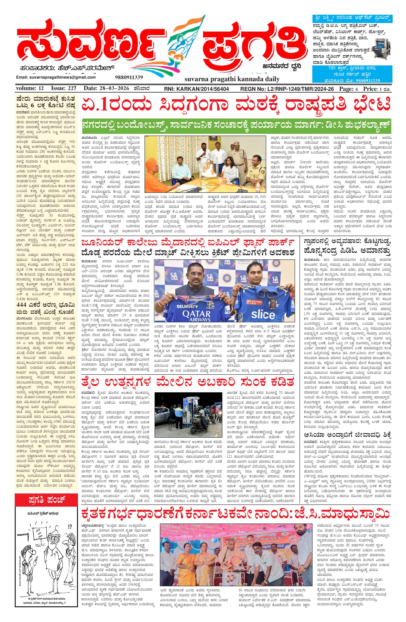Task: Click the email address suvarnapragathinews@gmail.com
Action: pos(56,77)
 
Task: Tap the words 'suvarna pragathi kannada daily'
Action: pos(232,79)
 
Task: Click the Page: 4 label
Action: pos(348,89)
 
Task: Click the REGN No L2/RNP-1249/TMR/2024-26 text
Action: pos(287,89)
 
